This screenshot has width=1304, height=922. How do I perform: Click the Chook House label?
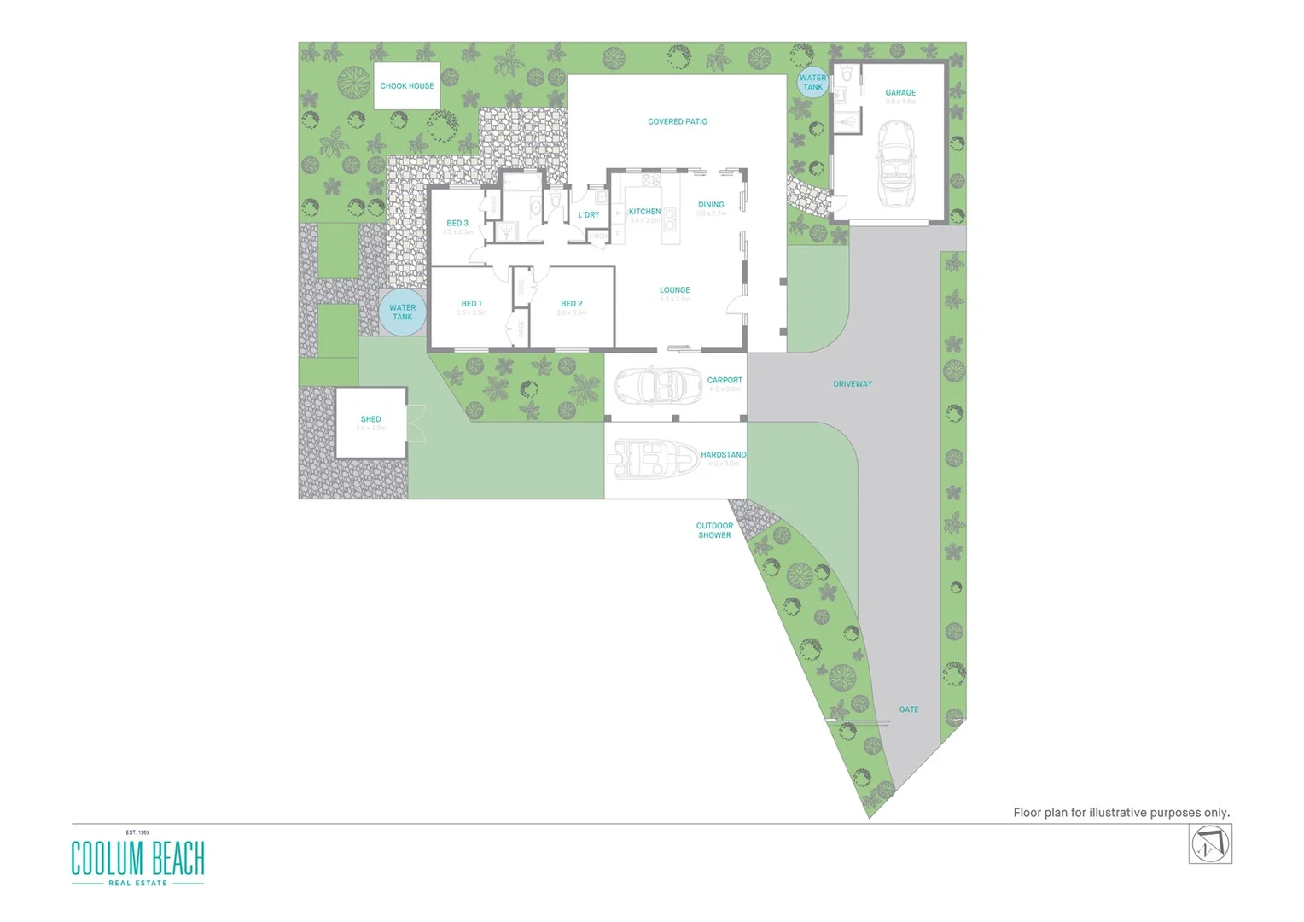(407, 86)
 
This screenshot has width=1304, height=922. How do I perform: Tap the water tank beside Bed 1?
(402, 312)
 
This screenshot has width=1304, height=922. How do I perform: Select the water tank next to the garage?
(812, 82)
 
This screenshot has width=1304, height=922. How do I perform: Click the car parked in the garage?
(896, 163)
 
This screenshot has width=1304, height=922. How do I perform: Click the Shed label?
(370, 419)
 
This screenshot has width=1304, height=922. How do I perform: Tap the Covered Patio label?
(678, 122)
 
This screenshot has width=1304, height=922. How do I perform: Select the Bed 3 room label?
(457, 224)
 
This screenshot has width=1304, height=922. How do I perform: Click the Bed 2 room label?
(572, 304)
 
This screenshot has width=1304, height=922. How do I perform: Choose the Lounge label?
(674, 290)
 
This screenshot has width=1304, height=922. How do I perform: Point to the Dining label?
(711, 205)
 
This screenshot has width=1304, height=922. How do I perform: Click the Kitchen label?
(644, 212)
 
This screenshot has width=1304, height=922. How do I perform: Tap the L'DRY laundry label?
(589, 215)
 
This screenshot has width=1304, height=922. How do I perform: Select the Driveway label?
(853, 384)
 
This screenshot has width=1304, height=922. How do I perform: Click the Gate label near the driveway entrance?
(909, 709)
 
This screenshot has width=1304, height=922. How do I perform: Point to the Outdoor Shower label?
(714, 531)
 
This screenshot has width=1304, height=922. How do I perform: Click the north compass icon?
(1210, 845)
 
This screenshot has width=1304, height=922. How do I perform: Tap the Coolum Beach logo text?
(137, 858)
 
